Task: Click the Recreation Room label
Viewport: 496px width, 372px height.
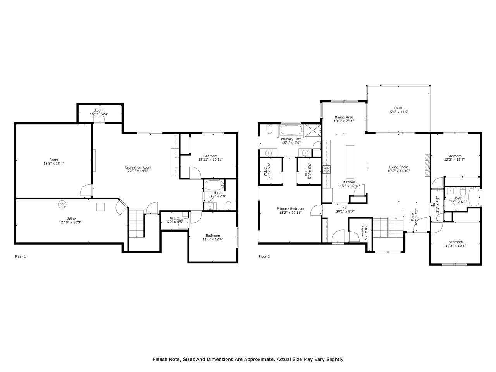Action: point(138,167)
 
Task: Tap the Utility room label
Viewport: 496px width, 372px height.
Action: point(71,219)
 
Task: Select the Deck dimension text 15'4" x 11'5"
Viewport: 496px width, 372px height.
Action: point(398,112)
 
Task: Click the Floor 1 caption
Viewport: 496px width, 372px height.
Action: point(20,257)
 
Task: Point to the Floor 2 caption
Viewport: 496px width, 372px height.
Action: point(264,257)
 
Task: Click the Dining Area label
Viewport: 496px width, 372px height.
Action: point(344,117)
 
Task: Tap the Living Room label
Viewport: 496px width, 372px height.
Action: point(399,167)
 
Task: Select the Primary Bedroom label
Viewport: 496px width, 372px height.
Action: point(290,208)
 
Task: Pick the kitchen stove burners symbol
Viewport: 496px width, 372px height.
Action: point(326,169)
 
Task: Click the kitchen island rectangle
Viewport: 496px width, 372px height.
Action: point(350,161)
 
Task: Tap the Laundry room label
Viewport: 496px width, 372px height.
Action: point(362,231)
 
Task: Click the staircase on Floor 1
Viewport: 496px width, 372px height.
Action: point(136,224)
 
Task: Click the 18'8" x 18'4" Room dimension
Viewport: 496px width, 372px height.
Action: point(54,164)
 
